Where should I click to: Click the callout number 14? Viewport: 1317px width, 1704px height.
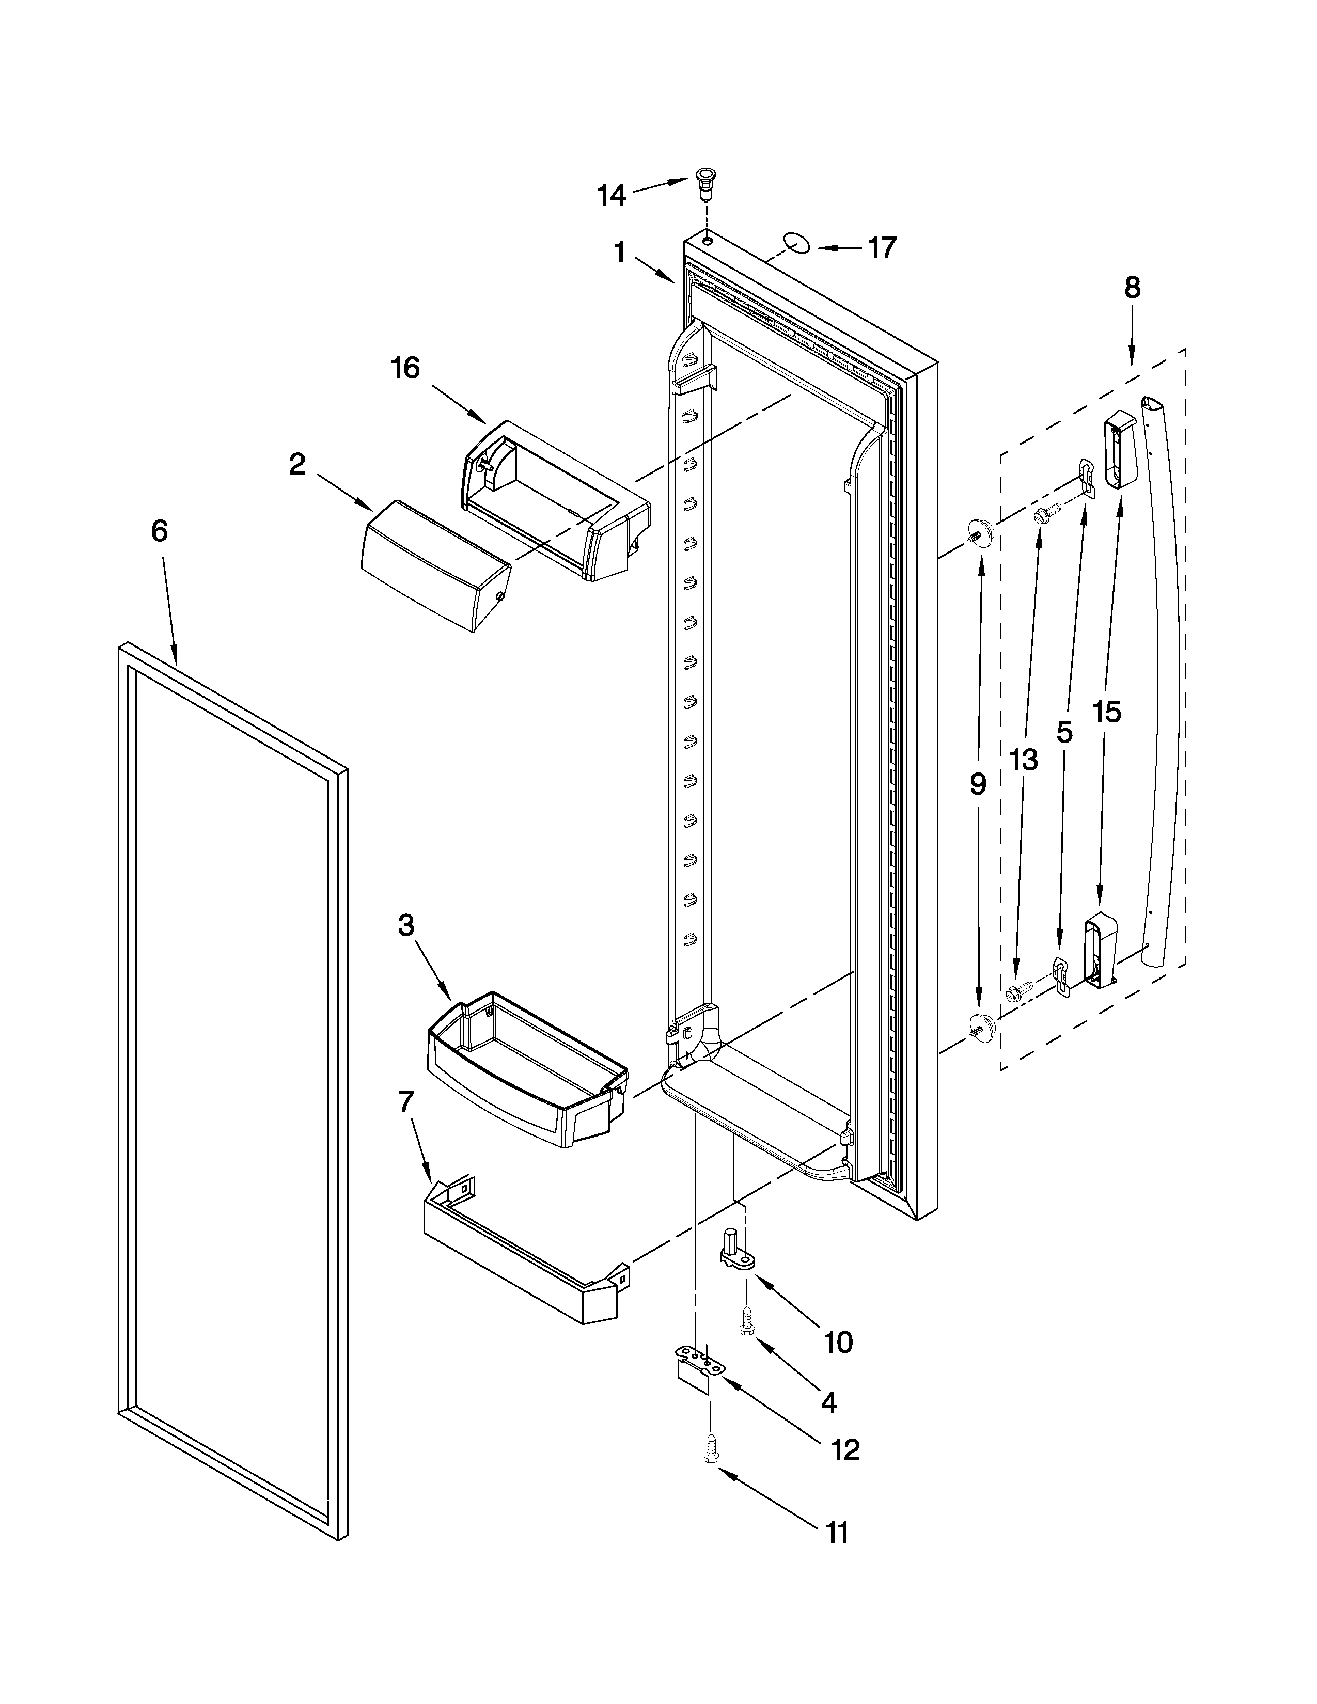click(612, 195)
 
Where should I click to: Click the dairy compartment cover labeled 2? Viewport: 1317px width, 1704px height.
click(434, 565)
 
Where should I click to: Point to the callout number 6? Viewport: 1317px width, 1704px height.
click(159, 531)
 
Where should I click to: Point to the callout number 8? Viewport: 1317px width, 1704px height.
click(1132, 288)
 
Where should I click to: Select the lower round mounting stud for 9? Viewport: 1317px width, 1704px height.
click(981, 1025)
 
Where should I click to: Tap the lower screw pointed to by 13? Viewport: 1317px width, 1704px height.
click(1018, 991)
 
